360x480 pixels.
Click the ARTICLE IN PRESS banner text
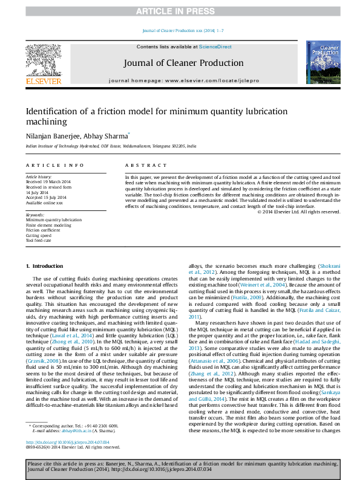pyautogui.click(x=180, y=11)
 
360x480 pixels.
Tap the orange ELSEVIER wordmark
pyautogui.click(x=43, y=80)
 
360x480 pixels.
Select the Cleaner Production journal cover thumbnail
pyautogui.click(x=322, y=62)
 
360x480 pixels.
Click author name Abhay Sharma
pyautogui.click(x=102, y=136)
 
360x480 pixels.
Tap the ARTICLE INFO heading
pyautogui.click(x=54, y=165)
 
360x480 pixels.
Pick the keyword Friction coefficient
pyautogui.click(x=42, y=230)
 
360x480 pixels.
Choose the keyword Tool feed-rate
pyautogui.click(x=38, y=240)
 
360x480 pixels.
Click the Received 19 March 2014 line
pyautogui.click(x=48, y=181)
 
